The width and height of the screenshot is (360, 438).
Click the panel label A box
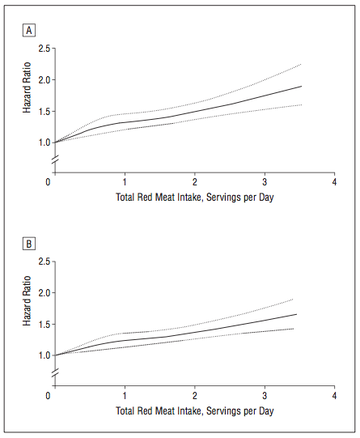click(x=29, y=30)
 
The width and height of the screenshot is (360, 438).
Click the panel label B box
click(x=29, y=244)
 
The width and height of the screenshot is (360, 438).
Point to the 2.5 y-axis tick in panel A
click(x=44, y=49)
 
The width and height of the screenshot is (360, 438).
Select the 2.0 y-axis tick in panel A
click(x=44, y=80)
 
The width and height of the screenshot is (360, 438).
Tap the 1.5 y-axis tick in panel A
click(x=44, y=112)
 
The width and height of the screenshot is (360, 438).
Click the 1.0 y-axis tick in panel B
click(x=44, y=355)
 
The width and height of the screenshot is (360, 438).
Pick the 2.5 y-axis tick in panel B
click(x=44, y=262)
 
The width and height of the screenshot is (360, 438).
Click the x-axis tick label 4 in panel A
click(x=334, y=182)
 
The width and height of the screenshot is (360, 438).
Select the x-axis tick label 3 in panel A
click(x=265, y=182)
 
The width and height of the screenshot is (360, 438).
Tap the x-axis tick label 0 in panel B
click(x=48, y=396)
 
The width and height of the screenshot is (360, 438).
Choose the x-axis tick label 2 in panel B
click(x=195, y=396)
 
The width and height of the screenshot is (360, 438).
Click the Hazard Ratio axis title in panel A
click(x=27, y=87)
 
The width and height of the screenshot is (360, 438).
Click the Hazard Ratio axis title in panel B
click(x=27, y=301)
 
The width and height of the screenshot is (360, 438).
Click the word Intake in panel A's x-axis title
click(x=190, y=198)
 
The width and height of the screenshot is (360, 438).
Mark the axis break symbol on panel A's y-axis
click(x=55, y=159)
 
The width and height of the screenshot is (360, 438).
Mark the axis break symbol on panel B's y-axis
click(x=55, y=373)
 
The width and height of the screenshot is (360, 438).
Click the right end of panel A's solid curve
click(x=302, y=87)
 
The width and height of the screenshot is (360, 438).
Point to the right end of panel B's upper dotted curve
click(x=293, y=300)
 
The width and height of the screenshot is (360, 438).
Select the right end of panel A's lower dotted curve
click(x=302, y=105)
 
